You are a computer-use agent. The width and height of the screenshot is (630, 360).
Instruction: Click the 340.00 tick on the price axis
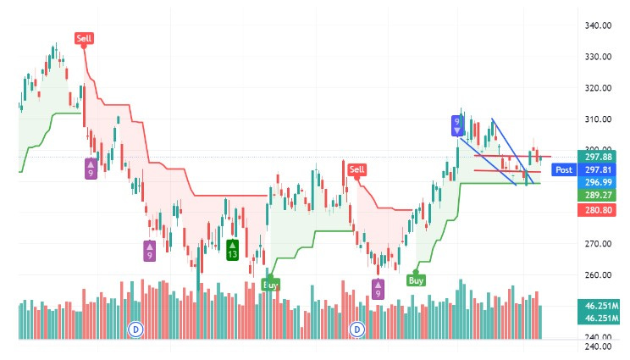point(598,25)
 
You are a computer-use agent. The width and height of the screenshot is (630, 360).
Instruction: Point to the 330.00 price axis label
point(598,57)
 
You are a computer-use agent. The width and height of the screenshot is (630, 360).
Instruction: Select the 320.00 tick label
point(598,88)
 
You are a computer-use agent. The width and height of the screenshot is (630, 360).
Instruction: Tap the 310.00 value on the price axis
point(598,119)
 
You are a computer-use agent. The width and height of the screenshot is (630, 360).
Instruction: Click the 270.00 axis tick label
point(598,244)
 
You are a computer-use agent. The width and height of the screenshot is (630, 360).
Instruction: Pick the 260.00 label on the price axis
point(598,275)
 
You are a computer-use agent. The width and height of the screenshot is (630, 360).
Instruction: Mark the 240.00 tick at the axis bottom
point(598,346)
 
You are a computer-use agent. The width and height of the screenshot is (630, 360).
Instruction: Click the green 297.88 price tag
point(599,156)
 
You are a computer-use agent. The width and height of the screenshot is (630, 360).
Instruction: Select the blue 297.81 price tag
point(599,169)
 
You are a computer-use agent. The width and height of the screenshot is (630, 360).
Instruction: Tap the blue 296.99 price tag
point(599,181)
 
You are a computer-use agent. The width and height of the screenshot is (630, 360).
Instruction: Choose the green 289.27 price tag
point(599,194)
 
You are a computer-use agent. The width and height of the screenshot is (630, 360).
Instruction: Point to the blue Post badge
point(564,169)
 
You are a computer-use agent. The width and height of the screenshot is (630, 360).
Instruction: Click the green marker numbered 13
point(232,250)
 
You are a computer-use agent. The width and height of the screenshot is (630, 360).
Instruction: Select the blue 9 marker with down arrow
point(457,126)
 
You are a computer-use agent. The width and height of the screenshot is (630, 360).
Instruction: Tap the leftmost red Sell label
point(84,38)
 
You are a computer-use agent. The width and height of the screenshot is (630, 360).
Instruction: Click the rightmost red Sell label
point(356,169)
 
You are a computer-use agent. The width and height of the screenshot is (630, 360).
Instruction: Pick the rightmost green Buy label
point(416,280)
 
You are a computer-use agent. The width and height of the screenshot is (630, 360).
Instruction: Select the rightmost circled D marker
point(357,328)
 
